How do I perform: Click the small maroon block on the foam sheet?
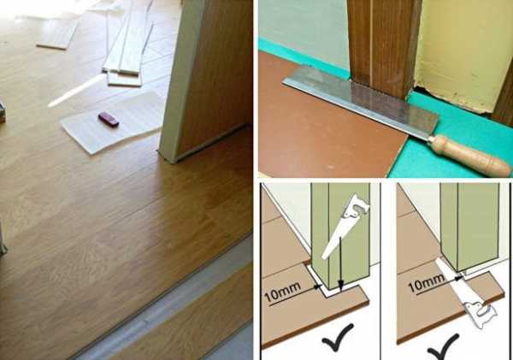click(109, 120)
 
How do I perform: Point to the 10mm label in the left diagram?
click(282, 292)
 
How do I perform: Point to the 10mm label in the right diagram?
click(427, 282)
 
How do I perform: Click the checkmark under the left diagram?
click(338, 337)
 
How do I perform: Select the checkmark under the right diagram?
click(443, 347)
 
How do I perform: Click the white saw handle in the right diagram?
click(481, 314)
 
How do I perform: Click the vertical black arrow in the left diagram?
click(340, 263)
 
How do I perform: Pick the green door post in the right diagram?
click(469, 226)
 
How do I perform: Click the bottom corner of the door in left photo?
click(172, 162)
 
